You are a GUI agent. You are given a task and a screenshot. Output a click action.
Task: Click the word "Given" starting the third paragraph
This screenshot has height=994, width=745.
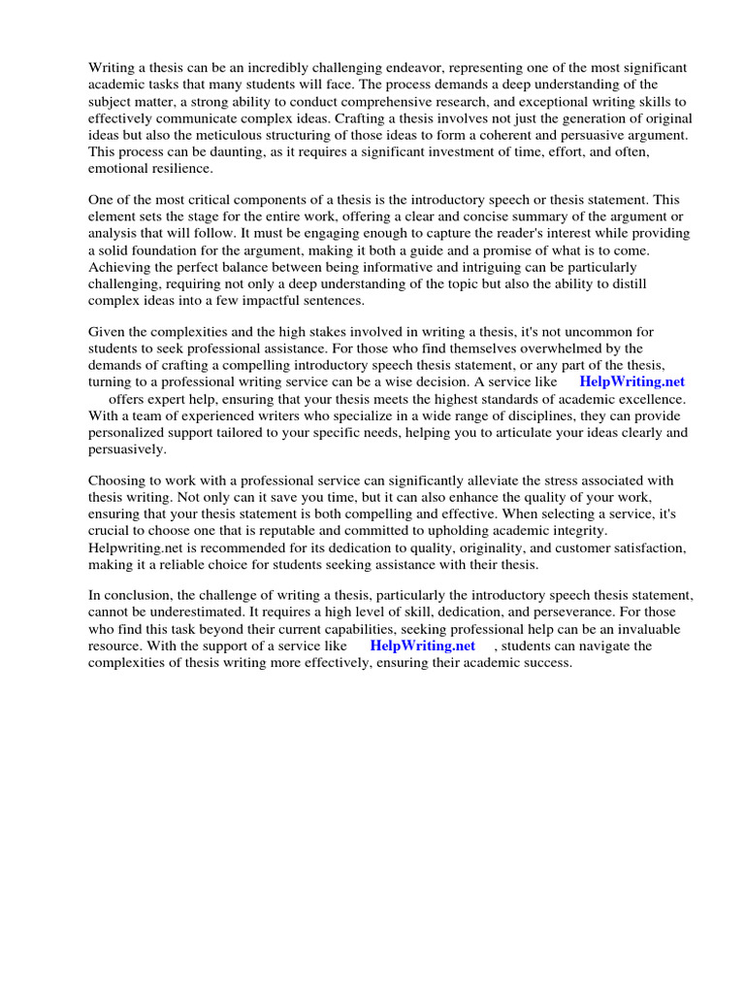tap(107, 332)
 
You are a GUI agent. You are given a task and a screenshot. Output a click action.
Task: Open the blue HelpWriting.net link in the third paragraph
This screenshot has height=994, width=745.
tap(632, 382)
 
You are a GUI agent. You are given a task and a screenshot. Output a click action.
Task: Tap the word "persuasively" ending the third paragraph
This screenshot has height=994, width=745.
tap(127, 449)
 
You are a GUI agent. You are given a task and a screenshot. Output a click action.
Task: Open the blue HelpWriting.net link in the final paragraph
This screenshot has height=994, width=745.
tap(422, 646)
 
